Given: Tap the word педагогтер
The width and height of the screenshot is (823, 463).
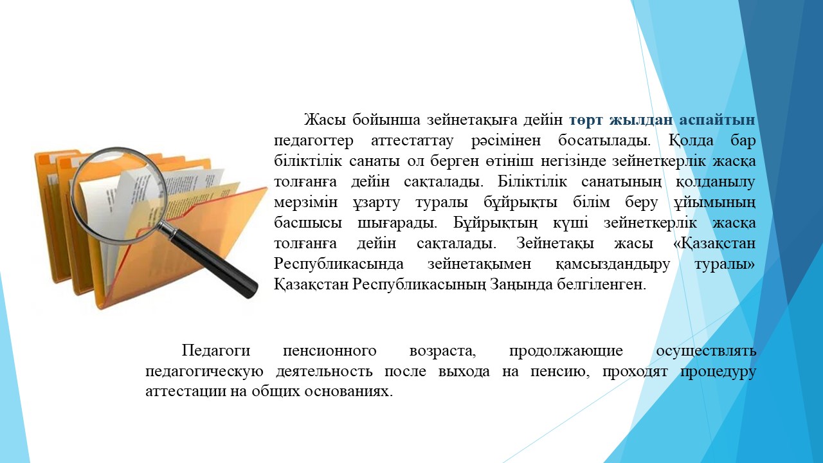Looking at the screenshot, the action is click(314, 141).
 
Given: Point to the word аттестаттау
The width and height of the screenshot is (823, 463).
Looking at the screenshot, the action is click(412, 141).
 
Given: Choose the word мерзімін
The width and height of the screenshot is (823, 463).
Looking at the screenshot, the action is click(305, 203).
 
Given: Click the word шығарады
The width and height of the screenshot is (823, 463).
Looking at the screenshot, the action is click(397, 223).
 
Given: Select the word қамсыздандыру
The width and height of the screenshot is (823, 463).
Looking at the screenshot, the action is click(613, 264).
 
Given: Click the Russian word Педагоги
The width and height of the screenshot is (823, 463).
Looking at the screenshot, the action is click(216, 351).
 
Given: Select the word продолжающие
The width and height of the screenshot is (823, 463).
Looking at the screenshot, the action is click(566, 351).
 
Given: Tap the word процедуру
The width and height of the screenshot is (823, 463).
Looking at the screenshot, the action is click(718, 372).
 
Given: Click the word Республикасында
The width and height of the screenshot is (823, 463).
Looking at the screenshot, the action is click(339, 264).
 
